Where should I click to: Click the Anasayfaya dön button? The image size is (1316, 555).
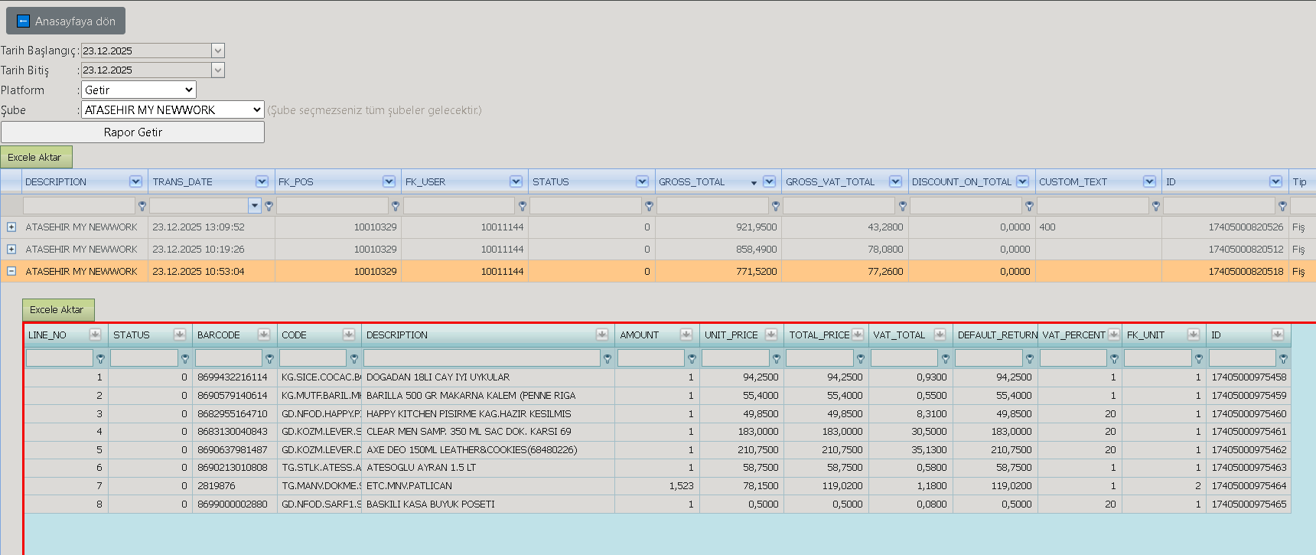pyautogui.click(x=66, y=21)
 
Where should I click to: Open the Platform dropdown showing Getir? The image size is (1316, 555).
pyautogui.click(x=138, y=90)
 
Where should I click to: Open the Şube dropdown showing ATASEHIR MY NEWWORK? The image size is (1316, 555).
pyautogui.click(x=173, y=109)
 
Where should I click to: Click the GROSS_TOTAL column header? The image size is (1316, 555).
pyautogui.click(x=692, y=181)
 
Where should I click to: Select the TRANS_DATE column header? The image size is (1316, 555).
pyautogui.click(x=183, y=181)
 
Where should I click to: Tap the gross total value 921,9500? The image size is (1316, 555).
pyautogui.click(x=756, y=227)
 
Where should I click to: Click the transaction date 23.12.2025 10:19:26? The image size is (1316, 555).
pyautogui.click(x=198, y=249)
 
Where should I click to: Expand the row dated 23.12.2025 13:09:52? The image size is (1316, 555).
pyautogui.click(x=11, y=227)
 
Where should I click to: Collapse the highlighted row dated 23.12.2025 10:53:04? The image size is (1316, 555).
pyautogui.click(x=11, y=271)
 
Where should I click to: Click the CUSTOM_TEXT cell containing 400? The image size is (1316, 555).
pyautogui.click(x=1047, y=227)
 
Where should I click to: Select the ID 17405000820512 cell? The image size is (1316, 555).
pyautogui.click(x=1246, y=249)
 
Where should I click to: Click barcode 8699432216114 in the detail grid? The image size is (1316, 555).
pyautogui.click(x=233, y=377)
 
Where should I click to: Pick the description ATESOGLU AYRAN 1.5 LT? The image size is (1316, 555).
pyautogui.click(x=421, y=467)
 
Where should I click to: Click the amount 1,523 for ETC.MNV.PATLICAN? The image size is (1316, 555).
pyautogui.click(x=681, y=485)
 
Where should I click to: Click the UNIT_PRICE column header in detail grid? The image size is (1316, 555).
pyautogui.click(x=731, y=335)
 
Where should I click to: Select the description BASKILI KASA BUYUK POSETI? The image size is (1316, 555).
pyautogui.click(x=431, y=504)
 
